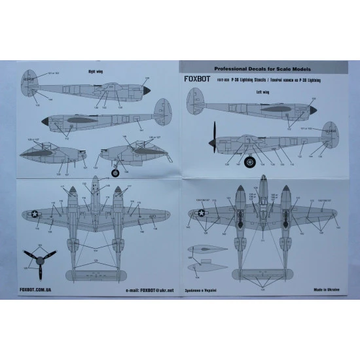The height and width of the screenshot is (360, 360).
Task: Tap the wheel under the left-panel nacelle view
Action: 116,172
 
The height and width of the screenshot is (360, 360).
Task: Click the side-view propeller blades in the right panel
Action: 213,138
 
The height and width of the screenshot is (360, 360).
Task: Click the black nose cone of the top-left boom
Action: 147,94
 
